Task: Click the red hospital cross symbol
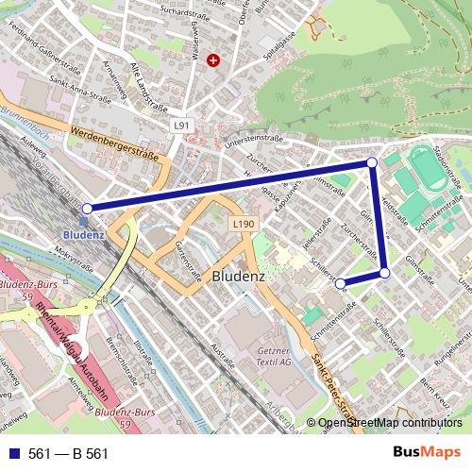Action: (213, 59)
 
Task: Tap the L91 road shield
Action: (182, 125)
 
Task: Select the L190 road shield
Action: (243, 224)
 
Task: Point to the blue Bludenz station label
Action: (85, 233)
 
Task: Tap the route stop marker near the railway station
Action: (87, 208)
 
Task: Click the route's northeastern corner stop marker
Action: (372, 163)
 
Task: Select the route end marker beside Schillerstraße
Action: (340, 282)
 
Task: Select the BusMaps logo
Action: (427, 453)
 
